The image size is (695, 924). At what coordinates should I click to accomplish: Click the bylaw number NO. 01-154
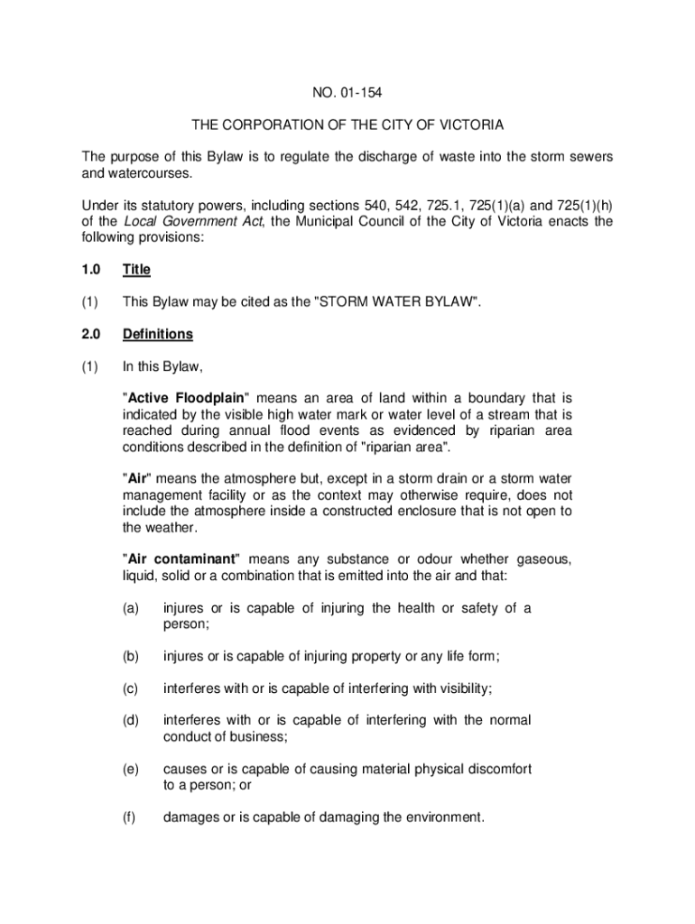click(347, 90)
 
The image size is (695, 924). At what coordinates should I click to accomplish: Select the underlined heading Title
click(136, 269)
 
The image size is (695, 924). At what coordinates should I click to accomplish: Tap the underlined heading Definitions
click(158, 334)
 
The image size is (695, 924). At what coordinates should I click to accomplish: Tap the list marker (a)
click(131, 608)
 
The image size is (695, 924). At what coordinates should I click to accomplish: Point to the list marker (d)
click(131, 720)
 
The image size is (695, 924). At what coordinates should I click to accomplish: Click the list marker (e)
click(131, 769)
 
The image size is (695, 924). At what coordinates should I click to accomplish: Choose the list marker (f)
click(130, 818)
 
